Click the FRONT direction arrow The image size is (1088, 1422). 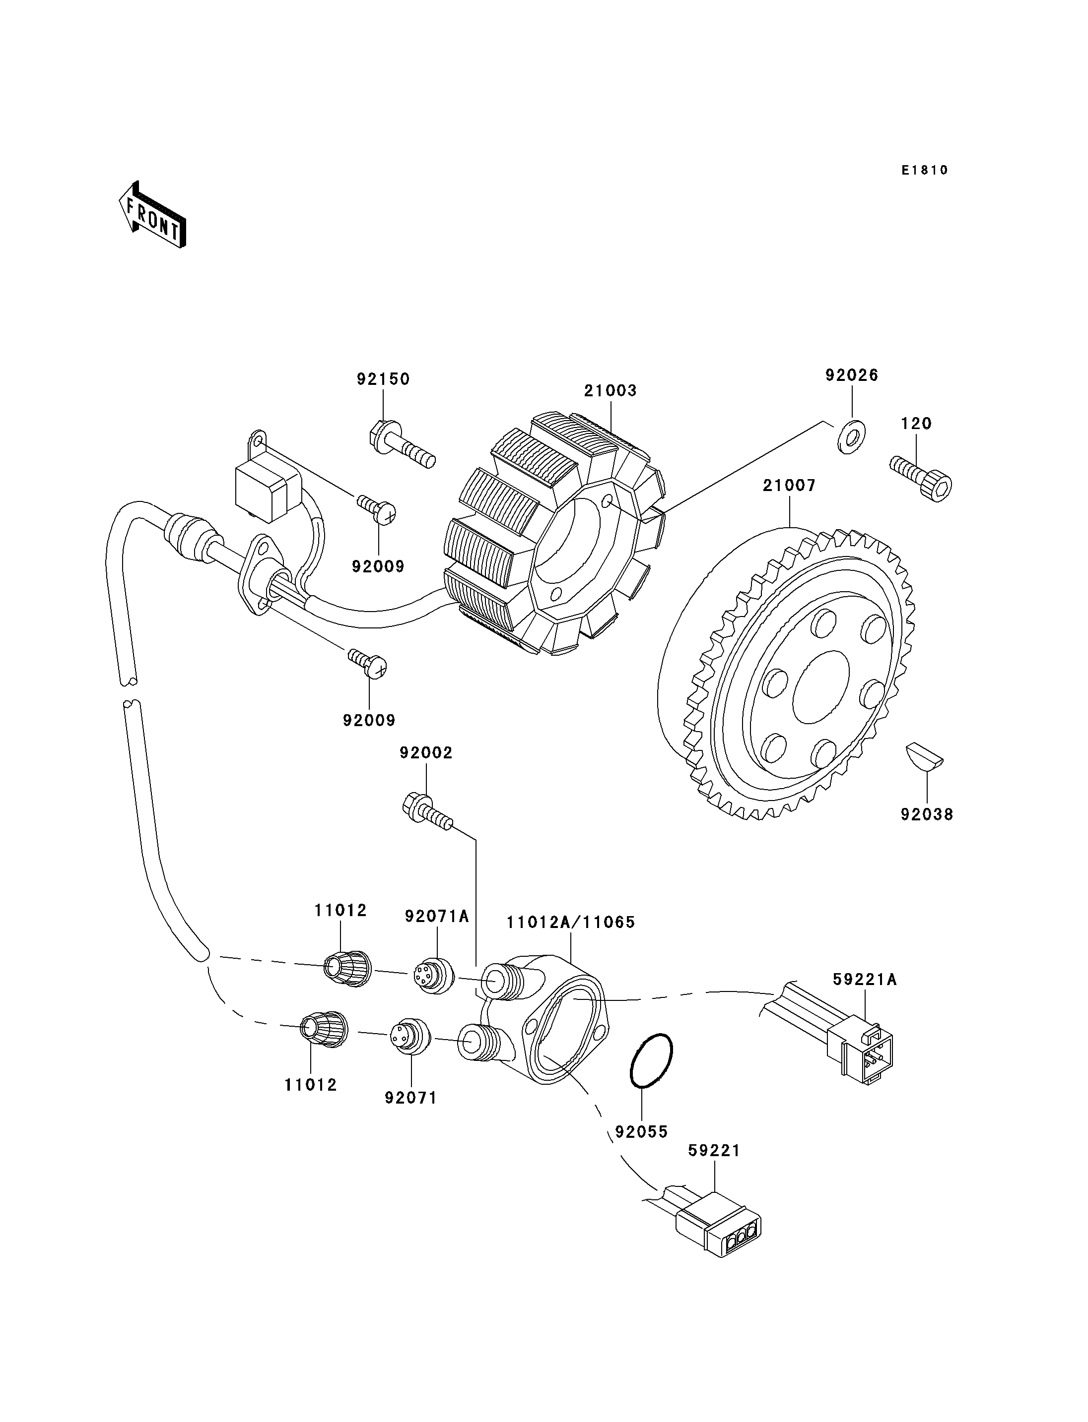153,216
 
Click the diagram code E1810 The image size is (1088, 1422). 925,170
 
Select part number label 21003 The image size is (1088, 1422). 610,391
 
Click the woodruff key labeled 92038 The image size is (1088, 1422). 924,756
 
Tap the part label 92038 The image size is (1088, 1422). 927,815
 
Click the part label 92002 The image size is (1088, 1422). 426,753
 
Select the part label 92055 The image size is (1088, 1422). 641,1132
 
